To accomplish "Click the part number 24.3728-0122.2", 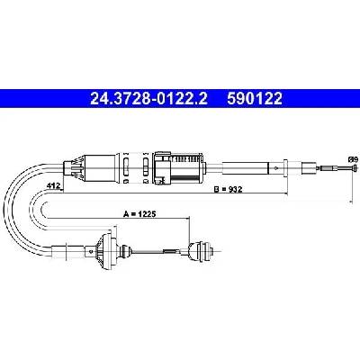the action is tap(148, 98).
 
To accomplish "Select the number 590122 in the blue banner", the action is tap(255, 98).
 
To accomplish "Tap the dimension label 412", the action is tap(51, 186).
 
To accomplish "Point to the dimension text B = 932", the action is tap(228, 189).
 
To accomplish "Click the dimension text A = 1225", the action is tap(140, 214).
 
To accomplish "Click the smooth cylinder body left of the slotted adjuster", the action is tap(100, 168).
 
